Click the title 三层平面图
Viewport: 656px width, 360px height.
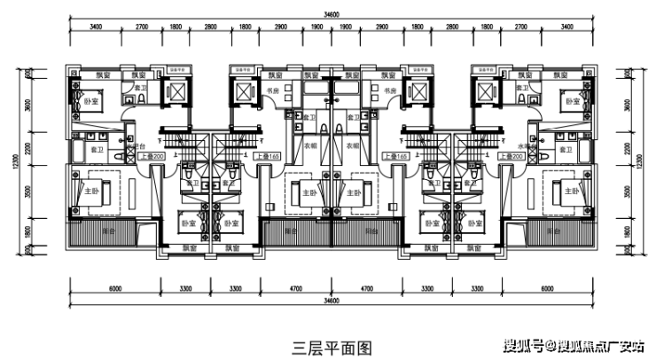pos(332,346)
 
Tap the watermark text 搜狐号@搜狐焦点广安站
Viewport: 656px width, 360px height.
pos(575,346)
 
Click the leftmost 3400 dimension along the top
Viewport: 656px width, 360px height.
pos(96,28)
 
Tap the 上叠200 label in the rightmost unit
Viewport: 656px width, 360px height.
pos(512,156)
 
